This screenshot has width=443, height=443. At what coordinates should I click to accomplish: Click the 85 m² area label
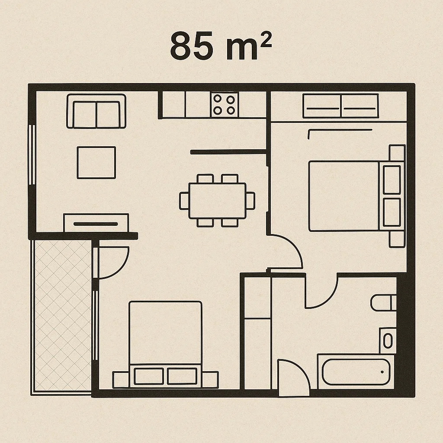tap(221, 45)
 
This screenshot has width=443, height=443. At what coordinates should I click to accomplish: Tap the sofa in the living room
tap(96, 111)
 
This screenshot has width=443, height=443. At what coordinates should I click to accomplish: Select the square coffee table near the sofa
tap(96, 163)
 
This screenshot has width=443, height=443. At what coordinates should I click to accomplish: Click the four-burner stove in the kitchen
tap(224, 105)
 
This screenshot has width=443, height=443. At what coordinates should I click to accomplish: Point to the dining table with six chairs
tap(217, 200)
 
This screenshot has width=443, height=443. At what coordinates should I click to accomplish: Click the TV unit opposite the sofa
tap(96, 223)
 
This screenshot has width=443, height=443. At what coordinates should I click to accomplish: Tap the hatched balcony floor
tap(63, 316)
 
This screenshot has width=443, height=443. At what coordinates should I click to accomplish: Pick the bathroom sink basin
tap(388, 341)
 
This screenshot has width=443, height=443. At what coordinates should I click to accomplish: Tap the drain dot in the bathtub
tap(382, 372)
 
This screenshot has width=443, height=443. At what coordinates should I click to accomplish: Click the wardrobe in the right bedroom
tap(340, 106)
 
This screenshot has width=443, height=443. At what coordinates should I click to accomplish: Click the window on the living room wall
tap(32, 154)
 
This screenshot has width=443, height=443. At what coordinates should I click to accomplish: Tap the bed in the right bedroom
tap(357, 196)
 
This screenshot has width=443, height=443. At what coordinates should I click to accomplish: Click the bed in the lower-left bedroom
tap(165, 344)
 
